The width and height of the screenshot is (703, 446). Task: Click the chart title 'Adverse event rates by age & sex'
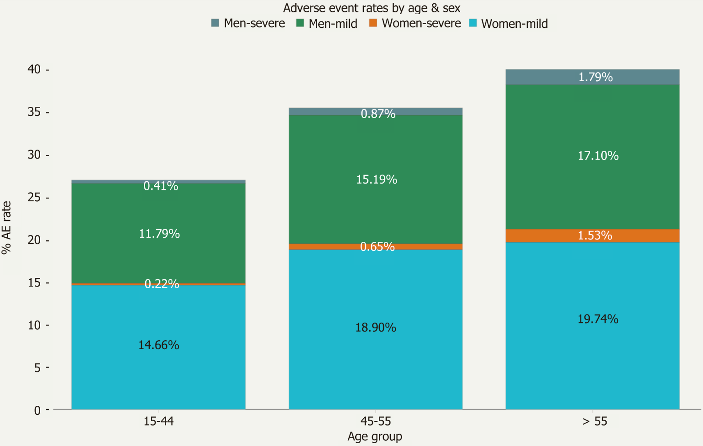point(371,8)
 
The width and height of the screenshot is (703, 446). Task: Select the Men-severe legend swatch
point(215,23)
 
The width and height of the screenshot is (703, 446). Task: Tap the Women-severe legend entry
point(415,23)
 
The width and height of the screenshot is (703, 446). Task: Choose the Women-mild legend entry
point(508,24)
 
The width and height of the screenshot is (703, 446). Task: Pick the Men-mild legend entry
point(326,24)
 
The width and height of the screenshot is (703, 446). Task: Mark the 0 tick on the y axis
point(37,410)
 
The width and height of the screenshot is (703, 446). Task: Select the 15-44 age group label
point(159,421)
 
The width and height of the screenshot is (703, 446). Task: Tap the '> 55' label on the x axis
point(595,421)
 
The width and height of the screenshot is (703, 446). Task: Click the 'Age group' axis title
point(375,436)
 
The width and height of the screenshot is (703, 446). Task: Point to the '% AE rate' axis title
point(6,228)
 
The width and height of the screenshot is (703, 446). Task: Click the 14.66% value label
point(159,345)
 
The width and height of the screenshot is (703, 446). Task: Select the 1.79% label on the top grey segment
point(596,77)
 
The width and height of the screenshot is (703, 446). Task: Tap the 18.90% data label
point(375,327)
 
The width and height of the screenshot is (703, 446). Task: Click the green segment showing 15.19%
point(376,180)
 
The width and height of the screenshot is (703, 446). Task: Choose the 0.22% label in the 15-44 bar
point(162,284)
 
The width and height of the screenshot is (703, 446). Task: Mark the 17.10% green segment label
point(598,156)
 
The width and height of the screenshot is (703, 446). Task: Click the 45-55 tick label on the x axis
point(375,421)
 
